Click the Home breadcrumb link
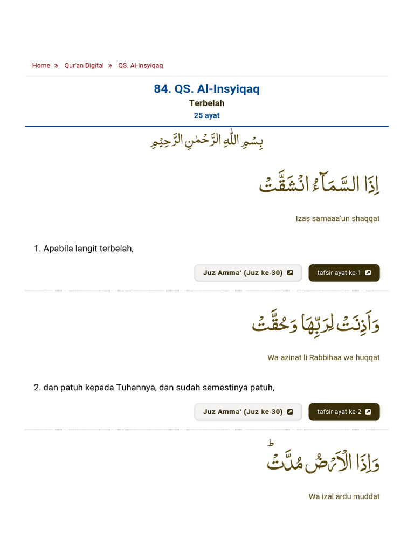pos(41,66)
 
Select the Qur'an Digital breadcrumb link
pos(84,66)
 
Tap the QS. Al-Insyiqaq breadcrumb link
pos(140,66)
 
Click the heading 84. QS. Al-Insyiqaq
pos(206,89)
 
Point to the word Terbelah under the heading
pos(206,103)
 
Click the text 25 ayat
pos(206,115)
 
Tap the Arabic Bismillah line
pos(206,142)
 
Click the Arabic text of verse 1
pos(320,183)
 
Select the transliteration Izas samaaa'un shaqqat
pos(337,218)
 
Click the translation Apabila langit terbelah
pos(84,249)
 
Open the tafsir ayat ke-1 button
pos(344,273)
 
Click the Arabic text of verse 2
pos(316,323)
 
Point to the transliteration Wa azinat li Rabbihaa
pos(323,357)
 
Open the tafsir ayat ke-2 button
pos(344,412)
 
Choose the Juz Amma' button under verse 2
pos(248,412)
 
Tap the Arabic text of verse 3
pos(323,461)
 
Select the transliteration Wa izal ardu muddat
pos(344,496)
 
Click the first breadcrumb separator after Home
pos(56,66)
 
